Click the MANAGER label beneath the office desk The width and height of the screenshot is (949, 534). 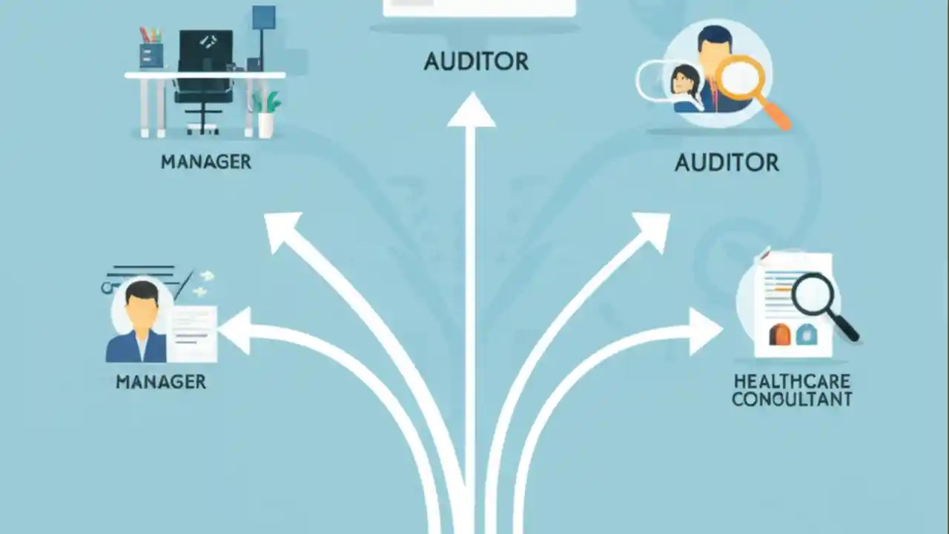pos(206,162)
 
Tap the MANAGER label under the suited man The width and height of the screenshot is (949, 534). pos(161,382)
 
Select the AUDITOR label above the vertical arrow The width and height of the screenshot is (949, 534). pos(476,62)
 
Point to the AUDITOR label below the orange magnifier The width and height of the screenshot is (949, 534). pos(727,162)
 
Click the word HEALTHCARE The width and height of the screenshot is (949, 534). pos(792,381)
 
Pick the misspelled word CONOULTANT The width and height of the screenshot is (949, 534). pos(792,399)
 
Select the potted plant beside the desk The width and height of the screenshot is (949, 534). pos(266,114)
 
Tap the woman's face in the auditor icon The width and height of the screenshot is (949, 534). pos(682,82)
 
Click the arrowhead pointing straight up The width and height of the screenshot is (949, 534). pos(472,111)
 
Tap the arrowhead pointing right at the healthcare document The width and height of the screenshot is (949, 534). pos(705,332)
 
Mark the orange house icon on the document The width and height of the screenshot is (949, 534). pos(779,334)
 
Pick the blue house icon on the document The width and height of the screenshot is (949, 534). pos(807,334)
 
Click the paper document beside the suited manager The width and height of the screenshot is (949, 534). pos(192,334)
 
